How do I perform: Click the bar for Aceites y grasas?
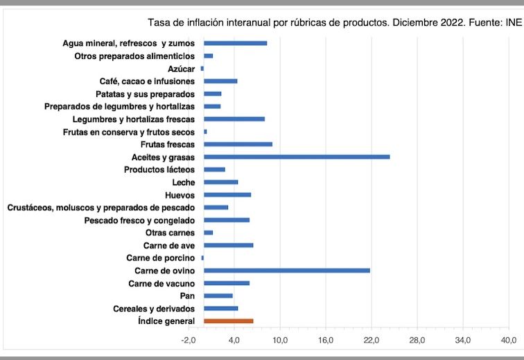[297, 157]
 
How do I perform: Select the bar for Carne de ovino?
[287, 270]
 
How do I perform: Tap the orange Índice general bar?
[229, 321]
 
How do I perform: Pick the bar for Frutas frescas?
[238, 144]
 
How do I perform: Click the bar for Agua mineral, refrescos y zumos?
[235, 43]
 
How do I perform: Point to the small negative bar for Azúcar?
[202, 68]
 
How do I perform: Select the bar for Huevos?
[227, 195]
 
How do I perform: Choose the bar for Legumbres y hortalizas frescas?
[234, 119]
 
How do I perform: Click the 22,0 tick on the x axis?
[372, 340]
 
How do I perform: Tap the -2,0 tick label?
[189, 340]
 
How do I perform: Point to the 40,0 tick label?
[508, 340]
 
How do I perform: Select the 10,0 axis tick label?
[280, 340]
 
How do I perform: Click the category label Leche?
[184, 182]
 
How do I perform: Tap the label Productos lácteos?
[159, 170]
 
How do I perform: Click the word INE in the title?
[514, 21]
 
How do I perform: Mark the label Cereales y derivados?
[154, 309]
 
